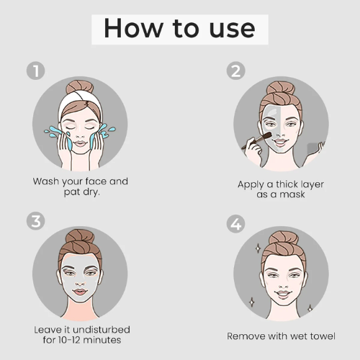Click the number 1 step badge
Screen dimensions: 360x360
click(x=36, y=71)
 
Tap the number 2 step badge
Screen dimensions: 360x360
click(x=236, y=71)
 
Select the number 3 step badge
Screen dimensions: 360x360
click(x=36, y=221)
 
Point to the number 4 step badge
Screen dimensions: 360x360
click(x=236, y=224)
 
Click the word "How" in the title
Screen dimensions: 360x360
click(x=134, y=28)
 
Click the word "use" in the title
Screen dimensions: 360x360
click(x=232, y=30)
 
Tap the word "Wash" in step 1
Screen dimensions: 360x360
click(x=46, y=181)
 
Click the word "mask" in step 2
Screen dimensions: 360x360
click(x=292, y=194)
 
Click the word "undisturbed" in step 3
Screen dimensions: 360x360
click(x=102, y=330)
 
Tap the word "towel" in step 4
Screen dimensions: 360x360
click(x=323, y=336)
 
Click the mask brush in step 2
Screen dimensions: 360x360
click(x=257, y=140)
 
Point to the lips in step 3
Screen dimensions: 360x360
click(x=80, y=292)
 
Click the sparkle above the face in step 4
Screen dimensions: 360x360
click(x=258, y=248)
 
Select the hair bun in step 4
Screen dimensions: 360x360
click(x=284, y=240)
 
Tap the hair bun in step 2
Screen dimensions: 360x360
click(x=281, y=89)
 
